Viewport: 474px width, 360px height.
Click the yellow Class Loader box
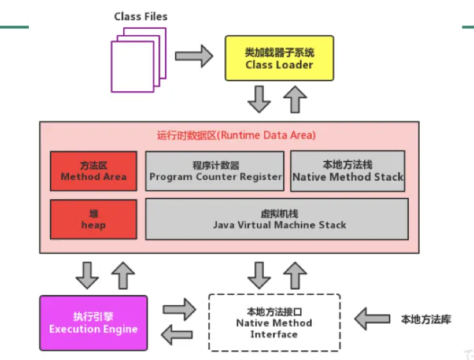tap(279, 58)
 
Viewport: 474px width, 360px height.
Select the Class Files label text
tap(141, 17)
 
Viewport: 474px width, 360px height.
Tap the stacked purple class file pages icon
tap(137, 59)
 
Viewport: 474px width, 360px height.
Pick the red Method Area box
tap(93, 171)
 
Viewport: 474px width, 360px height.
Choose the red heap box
tap(93, 219)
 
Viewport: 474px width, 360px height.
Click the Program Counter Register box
tap(215, 171)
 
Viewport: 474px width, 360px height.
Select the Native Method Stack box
tap(348, 171)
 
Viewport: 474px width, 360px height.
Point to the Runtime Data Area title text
tap(236, 135)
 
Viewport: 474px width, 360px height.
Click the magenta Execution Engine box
tap(93, 323)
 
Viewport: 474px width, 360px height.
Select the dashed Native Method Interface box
tap(274, 323)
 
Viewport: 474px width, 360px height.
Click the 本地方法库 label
tap(425, 319)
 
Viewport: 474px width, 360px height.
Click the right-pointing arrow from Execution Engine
tap(178, 309)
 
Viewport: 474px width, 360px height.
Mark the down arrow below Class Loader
tap(259, 99)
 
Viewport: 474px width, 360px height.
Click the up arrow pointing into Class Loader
tap(295, 99)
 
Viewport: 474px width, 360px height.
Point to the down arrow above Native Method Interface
tap(259, 274)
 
